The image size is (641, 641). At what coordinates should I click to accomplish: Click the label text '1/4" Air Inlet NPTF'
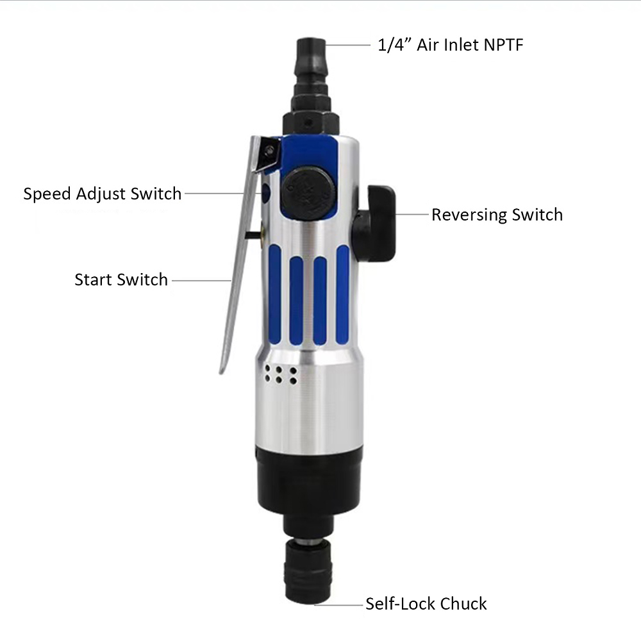(x=451, y=45)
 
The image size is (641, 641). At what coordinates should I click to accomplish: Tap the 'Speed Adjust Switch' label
(x=103, y=194)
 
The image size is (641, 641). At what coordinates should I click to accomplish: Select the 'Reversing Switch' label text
(x=497, y=215)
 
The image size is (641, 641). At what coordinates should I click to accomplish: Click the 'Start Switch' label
(x=121, y=280)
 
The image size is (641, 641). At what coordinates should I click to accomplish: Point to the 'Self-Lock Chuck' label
(x=426, y=604)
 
